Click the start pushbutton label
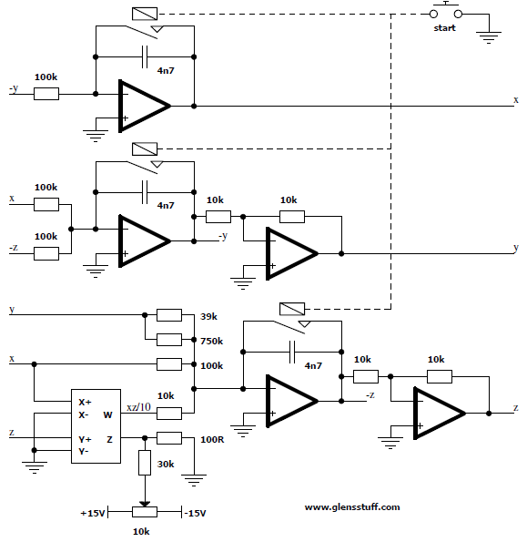click(x=444, y=28)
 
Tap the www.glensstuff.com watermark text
click(x=352, y=507)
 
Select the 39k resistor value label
click(x=209, y=317)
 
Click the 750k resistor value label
click(x=212, y=342)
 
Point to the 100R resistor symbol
click(x=169, y=438)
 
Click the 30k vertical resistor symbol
click(x=145, y=463)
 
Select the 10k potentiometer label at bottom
click(x=141, y=531)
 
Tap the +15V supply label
click(x=93, y=514)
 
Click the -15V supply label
click(x=195, y=514)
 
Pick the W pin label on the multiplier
click(x=107, y=414)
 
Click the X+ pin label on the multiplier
click(x=85, y=402)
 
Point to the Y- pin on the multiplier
click(x=84, y=452)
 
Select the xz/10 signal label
click(x=139, y=407)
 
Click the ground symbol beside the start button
click(x=489, y=37)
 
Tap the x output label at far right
click(x=516, y=100)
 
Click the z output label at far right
click(x=516, y=408)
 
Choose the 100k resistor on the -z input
click(x=46, y=253)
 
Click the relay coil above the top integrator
click(x=145, y=14)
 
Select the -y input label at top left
click(x=14, y=89)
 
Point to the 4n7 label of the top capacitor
click(x=166, y=70)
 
